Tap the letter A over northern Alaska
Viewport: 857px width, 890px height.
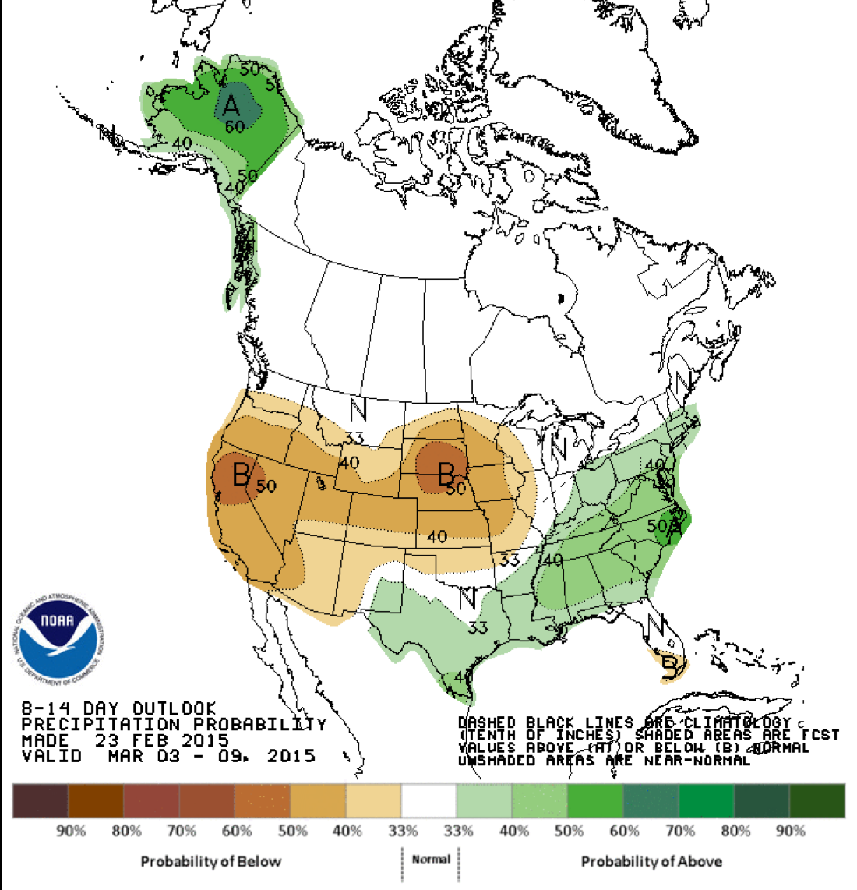[231, 104]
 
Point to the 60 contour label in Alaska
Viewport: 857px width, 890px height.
[235, 125]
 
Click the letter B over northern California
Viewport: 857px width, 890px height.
[241, 473]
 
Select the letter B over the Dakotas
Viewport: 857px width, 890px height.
[446, 472]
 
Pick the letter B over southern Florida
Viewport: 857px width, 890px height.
[669, 666]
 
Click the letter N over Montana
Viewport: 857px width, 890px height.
[358, 409]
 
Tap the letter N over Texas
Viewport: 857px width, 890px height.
[467, 599]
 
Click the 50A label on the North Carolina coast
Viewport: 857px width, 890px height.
[665, 525]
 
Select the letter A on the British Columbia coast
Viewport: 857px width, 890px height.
[231, 298]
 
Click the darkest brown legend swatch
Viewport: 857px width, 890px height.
[40, 800]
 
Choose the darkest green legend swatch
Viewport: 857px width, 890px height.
[816, 800]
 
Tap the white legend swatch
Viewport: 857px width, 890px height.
[428, 800]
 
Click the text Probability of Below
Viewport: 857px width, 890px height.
[210, 861]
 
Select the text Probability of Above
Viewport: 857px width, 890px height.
[651, 861]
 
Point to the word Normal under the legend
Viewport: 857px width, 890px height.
[431, 859]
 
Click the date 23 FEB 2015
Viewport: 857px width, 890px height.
[162, 740]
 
